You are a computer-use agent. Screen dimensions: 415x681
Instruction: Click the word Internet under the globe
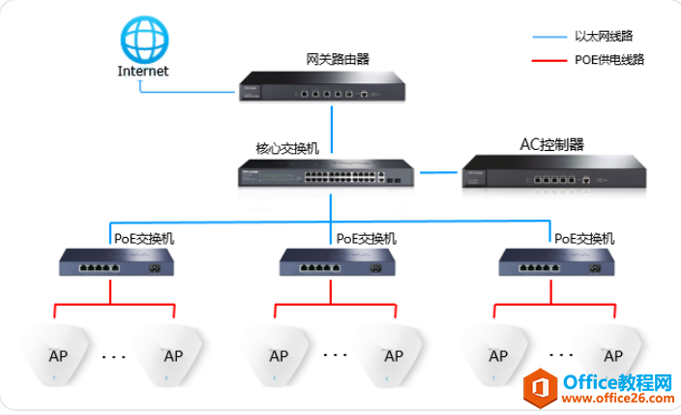tap(143, 71)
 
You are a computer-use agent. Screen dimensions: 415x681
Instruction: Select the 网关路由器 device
tap(322, 85)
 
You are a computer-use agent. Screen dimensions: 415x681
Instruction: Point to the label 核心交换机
tap(287, 148)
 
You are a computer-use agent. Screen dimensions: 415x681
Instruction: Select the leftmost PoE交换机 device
tap(114, 262)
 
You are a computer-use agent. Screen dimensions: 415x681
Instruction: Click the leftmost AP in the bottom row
tap(57, 352)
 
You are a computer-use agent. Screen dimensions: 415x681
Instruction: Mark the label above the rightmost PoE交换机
tap(583, 237)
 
